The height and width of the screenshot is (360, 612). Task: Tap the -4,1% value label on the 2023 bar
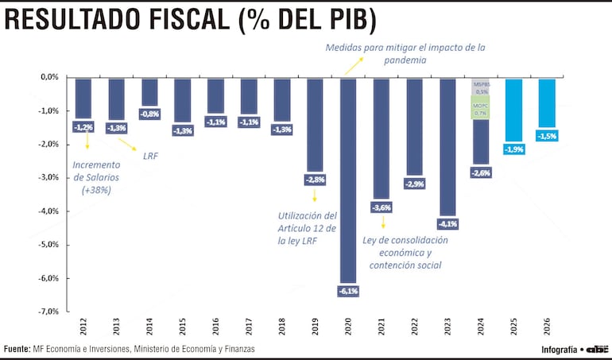coord(448,223)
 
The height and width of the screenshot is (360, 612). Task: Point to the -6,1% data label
coord(349,291)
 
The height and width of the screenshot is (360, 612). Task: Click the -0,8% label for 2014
coord(149,114)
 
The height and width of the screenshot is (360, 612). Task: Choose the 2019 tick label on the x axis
coord(316,326)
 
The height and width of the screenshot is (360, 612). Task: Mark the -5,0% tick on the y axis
coord(49,245)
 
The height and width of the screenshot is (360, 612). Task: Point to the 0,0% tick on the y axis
coord(49,77)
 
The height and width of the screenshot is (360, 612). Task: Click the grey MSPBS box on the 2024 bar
coord(481,87)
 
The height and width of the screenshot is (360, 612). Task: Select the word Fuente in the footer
coord(17,349)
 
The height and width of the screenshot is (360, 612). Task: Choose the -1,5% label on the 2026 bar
coord(548,137)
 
